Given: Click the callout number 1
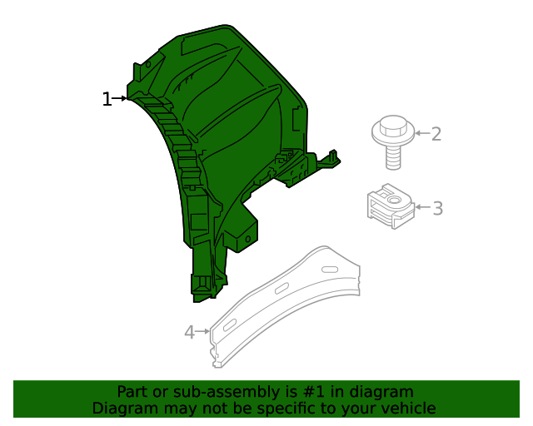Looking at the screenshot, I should point(106,100).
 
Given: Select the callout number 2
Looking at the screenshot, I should point(436,134).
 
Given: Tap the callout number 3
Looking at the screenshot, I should point(437,208).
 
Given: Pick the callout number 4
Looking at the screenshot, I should point(189,333).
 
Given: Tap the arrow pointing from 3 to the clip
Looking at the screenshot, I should point(421,207).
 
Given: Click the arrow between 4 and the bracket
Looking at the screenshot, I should point(202,332).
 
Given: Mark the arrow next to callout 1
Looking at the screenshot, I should point(120,99).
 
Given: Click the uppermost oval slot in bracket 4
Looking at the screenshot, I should point(331,269).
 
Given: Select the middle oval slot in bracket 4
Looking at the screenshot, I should point(281,288).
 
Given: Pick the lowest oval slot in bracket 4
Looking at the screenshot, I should point(230,324).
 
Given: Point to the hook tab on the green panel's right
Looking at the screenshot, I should point(333,158).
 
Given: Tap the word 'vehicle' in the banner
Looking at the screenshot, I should point(408,408).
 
